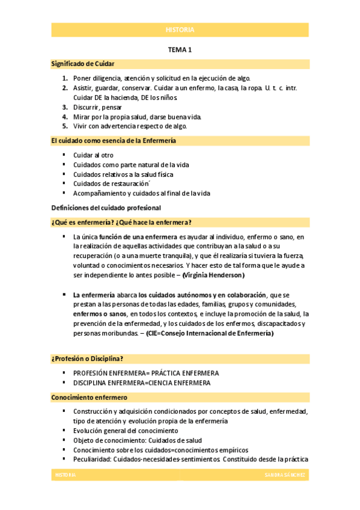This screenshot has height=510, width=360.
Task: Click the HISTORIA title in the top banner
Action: coord(180,30)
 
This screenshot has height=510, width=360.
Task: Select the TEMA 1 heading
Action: coord(180,51)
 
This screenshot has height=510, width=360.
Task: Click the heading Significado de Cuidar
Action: coord(83,64)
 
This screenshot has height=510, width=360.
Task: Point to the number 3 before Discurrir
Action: coord(65,107)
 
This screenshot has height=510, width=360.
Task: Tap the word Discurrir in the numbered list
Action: coord(87,107)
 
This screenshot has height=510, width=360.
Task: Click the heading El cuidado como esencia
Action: coord(113,141)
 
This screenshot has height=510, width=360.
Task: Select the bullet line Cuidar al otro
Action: coord(93,155)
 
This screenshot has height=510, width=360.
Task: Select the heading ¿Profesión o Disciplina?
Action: coord(87,359)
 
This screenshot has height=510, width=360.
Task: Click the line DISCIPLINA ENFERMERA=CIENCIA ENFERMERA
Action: coord(142,382)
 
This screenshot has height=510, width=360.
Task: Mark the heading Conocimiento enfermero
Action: coord(89,397)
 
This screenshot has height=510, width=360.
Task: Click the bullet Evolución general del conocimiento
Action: coord(125,431)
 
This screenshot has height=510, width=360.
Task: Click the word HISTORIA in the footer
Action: coord(66,475)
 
